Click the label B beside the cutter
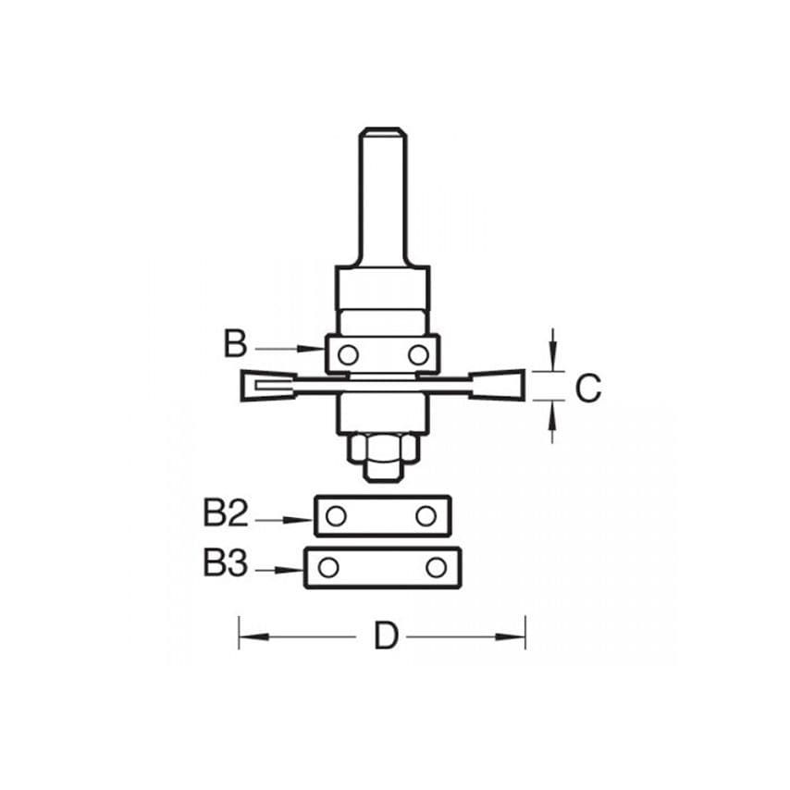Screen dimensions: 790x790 click(235, 345)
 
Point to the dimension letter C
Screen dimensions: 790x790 click(587, 389)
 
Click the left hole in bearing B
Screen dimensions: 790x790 click(347, 354)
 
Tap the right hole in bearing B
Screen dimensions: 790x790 click(418, 354)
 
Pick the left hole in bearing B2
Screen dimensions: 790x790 click(337, 516)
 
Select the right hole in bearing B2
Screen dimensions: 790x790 click(426, 516)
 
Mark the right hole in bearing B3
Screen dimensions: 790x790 click(437, 566)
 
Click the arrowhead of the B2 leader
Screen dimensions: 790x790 click(306, 520)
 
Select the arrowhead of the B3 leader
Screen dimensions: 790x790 click(296, 571)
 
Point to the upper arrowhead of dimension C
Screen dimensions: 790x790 click(552, 362)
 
